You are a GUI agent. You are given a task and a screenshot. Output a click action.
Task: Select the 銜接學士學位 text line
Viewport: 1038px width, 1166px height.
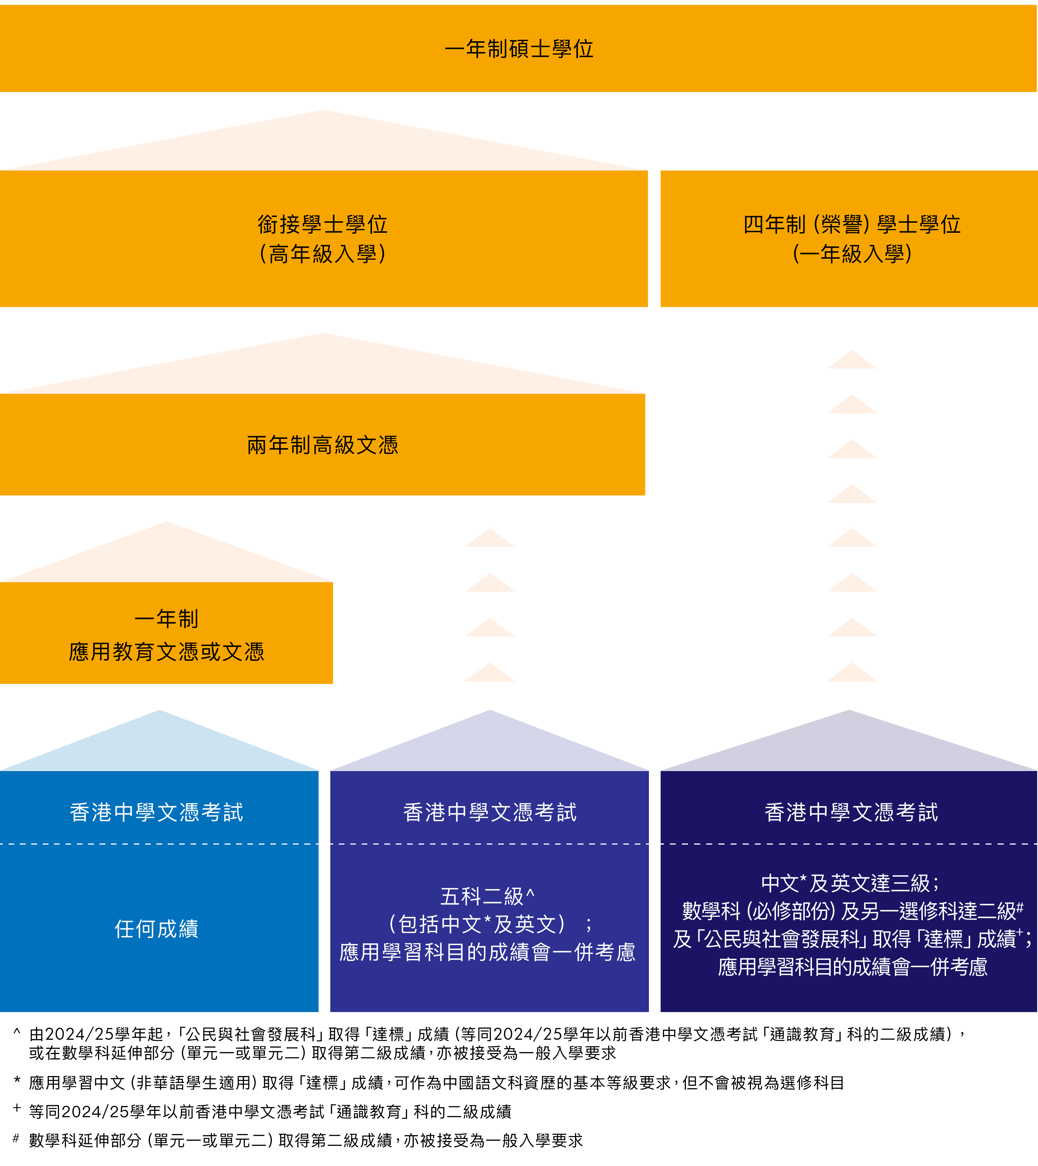[x=323, y=224]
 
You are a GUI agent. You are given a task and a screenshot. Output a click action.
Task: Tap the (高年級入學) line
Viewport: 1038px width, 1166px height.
[x=323, y=254]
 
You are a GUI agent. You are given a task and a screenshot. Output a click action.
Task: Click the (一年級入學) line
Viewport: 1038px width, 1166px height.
[x=852, y=254]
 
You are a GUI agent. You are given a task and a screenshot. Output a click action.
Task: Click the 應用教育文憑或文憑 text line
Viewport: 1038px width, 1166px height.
[x=167, y=651]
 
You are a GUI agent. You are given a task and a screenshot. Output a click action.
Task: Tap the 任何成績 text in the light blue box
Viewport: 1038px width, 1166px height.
[x=157, y=929]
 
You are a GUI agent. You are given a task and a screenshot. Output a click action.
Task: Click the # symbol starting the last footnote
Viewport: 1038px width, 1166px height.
[x=16, y=1139]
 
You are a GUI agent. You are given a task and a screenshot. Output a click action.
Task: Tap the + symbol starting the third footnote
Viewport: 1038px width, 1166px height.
[x=17, y=1108]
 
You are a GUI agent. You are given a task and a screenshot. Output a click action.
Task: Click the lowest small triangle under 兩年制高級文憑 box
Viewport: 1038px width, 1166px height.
[x=490, y=673]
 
